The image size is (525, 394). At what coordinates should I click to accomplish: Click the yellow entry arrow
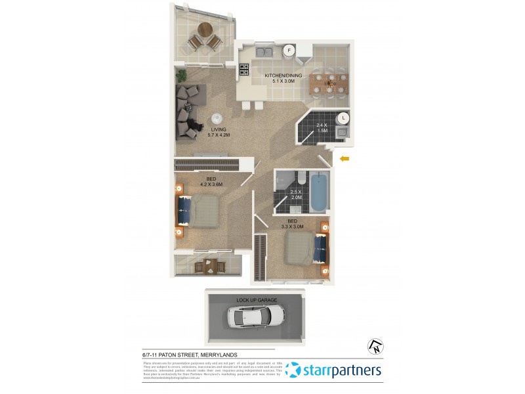tap(345, 158)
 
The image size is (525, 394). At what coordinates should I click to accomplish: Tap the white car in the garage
tap(255, 317)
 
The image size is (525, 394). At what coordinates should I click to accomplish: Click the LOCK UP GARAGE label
tap(258, 300)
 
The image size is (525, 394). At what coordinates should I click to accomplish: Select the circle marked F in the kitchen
tap(288, 50)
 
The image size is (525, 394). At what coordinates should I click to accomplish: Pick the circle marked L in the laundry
tap(343, 118)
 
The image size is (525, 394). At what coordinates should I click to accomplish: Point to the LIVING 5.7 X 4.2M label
tap(219, 132)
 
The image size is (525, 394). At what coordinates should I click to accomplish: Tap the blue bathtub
tap(318, 191)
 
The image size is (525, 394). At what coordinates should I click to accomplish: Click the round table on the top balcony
tap(205, 30)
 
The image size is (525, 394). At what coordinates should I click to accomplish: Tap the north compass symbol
tap(375, 346)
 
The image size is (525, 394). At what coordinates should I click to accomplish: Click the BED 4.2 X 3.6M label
tap(211, 182)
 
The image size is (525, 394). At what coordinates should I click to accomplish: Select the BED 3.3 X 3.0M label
tap(293, 224)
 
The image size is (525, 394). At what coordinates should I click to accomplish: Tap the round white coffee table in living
tap(215, 119)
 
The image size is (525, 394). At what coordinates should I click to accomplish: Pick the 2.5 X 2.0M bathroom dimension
tap(296, 195)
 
